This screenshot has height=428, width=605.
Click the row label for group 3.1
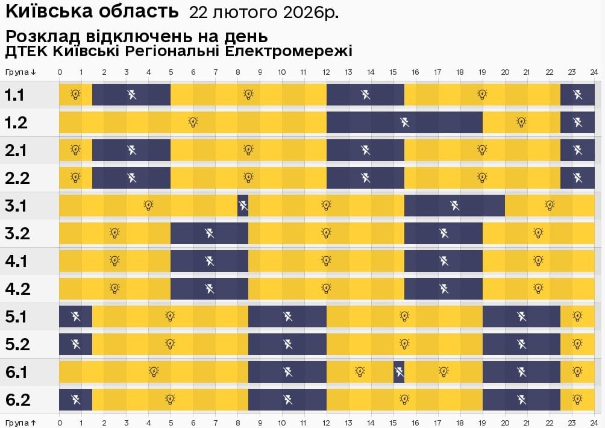(x=16, y=206)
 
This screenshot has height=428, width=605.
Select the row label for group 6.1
(x=16, y=373)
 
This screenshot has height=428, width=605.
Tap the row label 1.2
(x=16, y=123)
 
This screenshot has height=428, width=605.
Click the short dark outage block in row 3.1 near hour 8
(x=243, y=206)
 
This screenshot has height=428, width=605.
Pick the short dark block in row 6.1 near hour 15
(x=399, y=372)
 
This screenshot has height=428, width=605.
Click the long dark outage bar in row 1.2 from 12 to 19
(x=404, y=122)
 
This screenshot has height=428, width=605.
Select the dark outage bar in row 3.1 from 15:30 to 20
(x=454, y=206)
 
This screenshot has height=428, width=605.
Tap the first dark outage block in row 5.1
(x=75, y=316)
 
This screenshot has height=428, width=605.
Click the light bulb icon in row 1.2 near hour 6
(x=193, y=122)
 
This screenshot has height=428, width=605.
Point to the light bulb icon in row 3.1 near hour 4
(x=149, y=206)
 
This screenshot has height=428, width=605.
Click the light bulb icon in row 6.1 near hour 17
(x=444, y=372)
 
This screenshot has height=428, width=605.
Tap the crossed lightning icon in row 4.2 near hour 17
(x=444, y=289)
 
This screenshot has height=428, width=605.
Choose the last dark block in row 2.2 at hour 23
(x=577, y=178)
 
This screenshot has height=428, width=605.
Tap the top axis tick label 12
(x=327, y=72)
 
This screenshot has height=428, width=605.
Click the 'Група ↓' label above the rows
(x=21, y=72)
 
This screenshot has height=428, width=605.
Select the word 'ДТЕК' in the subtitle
(x=26, y=51)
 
